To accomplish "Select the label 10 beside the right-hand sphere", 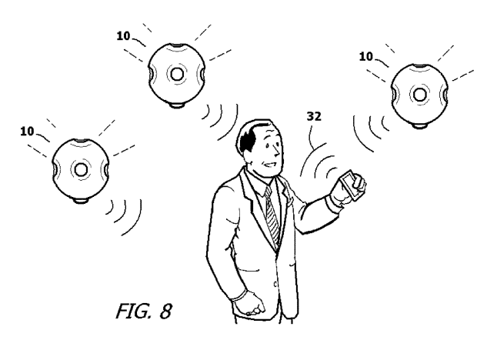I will coord(366,56).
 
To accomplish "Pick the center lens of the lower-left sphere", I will coord(80,168).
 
